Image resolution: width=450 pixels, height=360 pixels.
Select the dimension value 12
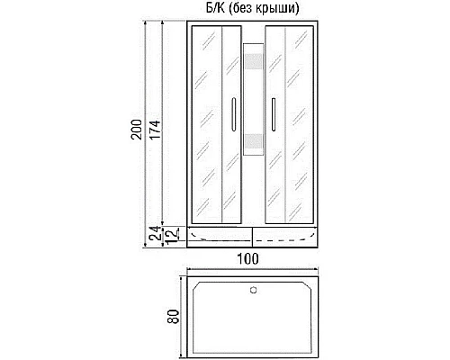(x=168, y=236)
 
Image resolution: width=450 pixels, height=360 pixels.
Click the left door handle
(x=233, y=116)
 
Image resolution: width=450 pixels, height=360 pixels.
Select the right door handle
(x=271, y=116)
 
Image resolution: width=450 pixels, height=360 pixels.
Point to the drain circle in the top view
(x=253, y=290)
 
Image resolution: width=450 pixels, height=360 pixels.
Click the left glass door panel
(x=216, y=126)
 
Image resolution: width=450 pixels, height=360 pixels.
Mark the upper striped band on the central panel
(x=252, y=65)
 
